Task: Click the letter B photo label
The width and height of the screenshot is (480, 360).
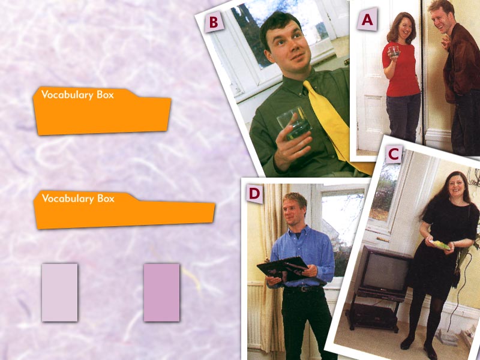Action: click(214, 22)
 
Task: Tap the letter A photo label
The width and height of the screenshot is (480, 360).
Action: click(367, 19)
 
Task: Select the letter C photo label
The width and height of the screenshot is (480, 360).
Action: click(394, 155)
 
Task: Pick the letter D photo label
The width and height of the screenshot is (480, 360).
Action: click(254, 194)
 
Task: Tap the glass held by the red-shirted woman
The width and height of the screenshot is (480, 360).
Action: click(394, 51)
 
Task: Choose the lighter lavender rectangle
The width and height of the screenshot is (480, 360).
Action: click(59, 292)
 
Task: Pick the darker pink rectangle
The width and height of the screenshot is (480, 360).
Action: click(161, 292)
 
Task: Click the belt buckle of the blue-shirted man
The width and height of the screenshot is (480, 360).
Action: click(304, 289)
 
